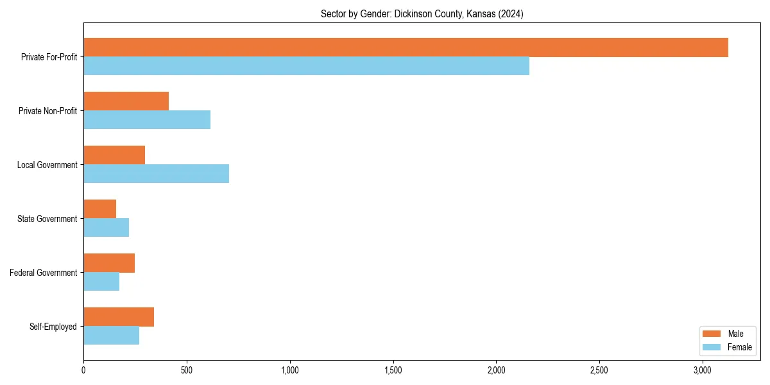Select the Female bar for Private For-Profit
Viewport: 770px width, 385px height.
pyautogui.click(x=306, y=66)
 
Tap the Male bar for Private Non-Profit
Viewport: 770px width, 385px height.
pyautogui.click(x=126, y=101)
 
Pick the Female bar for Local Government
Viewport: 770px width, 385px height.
pyautogui.click(x=156, y=174)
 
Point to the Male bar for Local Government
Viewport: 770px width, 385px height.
pyautogui.click(x=114, y=155)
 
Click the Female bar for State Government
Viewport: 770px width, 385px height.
pyautogui.click(x=106, y=228)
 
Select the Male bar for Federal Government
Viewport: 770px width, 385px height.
pyautogui.click(x=109, y=263)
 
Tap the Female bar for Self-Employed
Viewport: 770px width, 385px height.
pyautogui.click(x=111, y=336)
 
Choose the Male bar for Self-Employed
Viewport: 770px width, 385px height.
pyautogui.click(x=119, y=317)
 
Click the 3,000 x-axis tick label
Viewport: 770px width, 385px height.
pyautogui.click(x=702, y=370)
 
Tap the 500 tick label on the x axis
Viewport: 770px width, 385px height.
pyautogui.click(x=187, y=370)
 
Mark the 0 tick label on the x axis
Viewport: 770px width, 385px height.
pyautogui.click(x=83, y=370)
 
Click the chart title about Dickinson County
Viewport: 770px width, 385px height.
pyautogui.click(x=422, y=14)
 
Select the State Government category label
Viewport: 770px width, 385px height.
pyautogui.click(x=47, y=219)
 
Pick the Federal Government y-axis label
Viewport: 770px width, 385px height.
pyautogui.click(x=43, y=273)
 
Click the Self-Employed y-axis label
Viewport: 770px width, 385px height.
pyautogui.click(x=53, y=327)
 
